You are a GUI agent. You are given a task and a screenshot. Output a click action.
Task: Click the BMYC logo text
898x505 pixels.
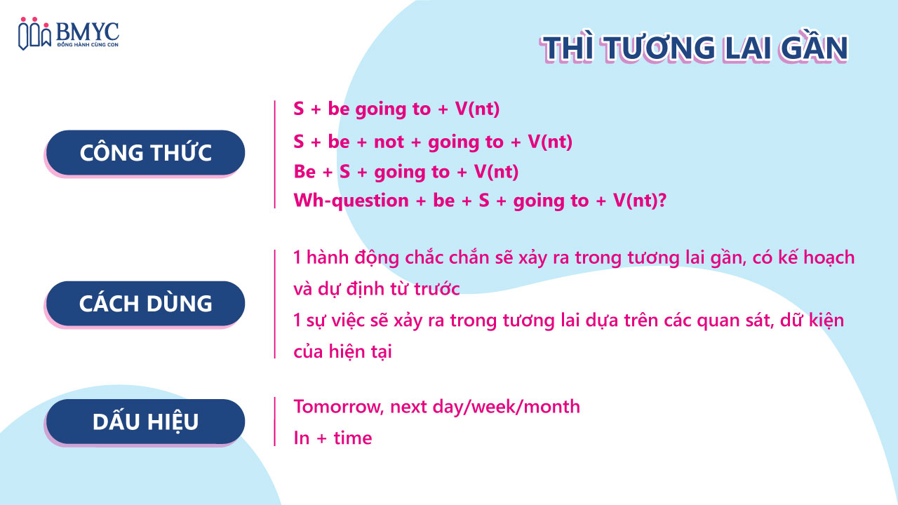pos(87,32)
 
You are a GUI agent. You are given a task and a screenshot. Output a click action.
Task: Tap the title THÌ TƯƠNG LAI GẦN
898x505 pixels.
pos(695,48)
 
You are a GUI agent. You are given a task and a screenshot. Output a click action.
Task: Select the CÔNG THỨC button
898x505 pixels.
pos(145,153)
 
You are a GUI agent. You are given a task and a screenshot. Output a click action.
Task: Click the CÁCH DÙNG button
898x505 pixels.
pos(145,304)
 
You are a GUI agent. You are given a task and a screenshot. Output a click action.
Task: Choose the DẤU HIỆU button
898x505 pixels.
pos(145,422)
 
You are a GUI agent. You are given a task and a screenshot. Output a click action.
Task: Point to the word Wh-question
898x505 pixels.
pos(351,201)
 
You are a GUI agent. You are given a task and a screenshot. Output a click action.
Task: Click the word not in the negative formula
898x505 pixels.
pos(389,142)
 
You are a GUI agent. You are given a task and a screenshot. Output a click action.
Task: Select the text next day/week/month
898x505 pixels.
pos(485,407)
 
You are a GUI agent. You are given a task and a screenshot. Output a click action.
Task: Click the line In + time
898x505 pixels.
pos(333,438)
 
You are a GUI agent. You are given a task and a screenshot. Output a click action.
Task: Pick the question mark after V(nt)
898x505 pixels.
pos(662,200)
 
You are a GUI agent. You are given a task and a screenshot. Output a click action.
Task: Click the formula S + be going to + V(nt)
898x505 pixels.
pos(396,109)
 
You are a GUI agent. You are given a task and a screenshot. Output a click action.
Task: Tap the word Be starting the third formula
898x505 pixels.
pos(304,172)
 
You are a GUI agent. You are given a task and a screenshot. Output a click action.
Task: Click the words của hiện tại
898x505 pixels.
pos(342,351)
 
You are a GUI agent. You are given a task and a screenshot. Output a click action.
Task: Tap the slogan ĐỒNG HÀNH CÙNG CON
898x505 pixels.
pos(88,44)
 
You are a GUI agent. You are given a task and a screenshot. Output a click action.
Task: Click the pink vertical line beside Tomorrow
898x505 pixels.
pos(274,422)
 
